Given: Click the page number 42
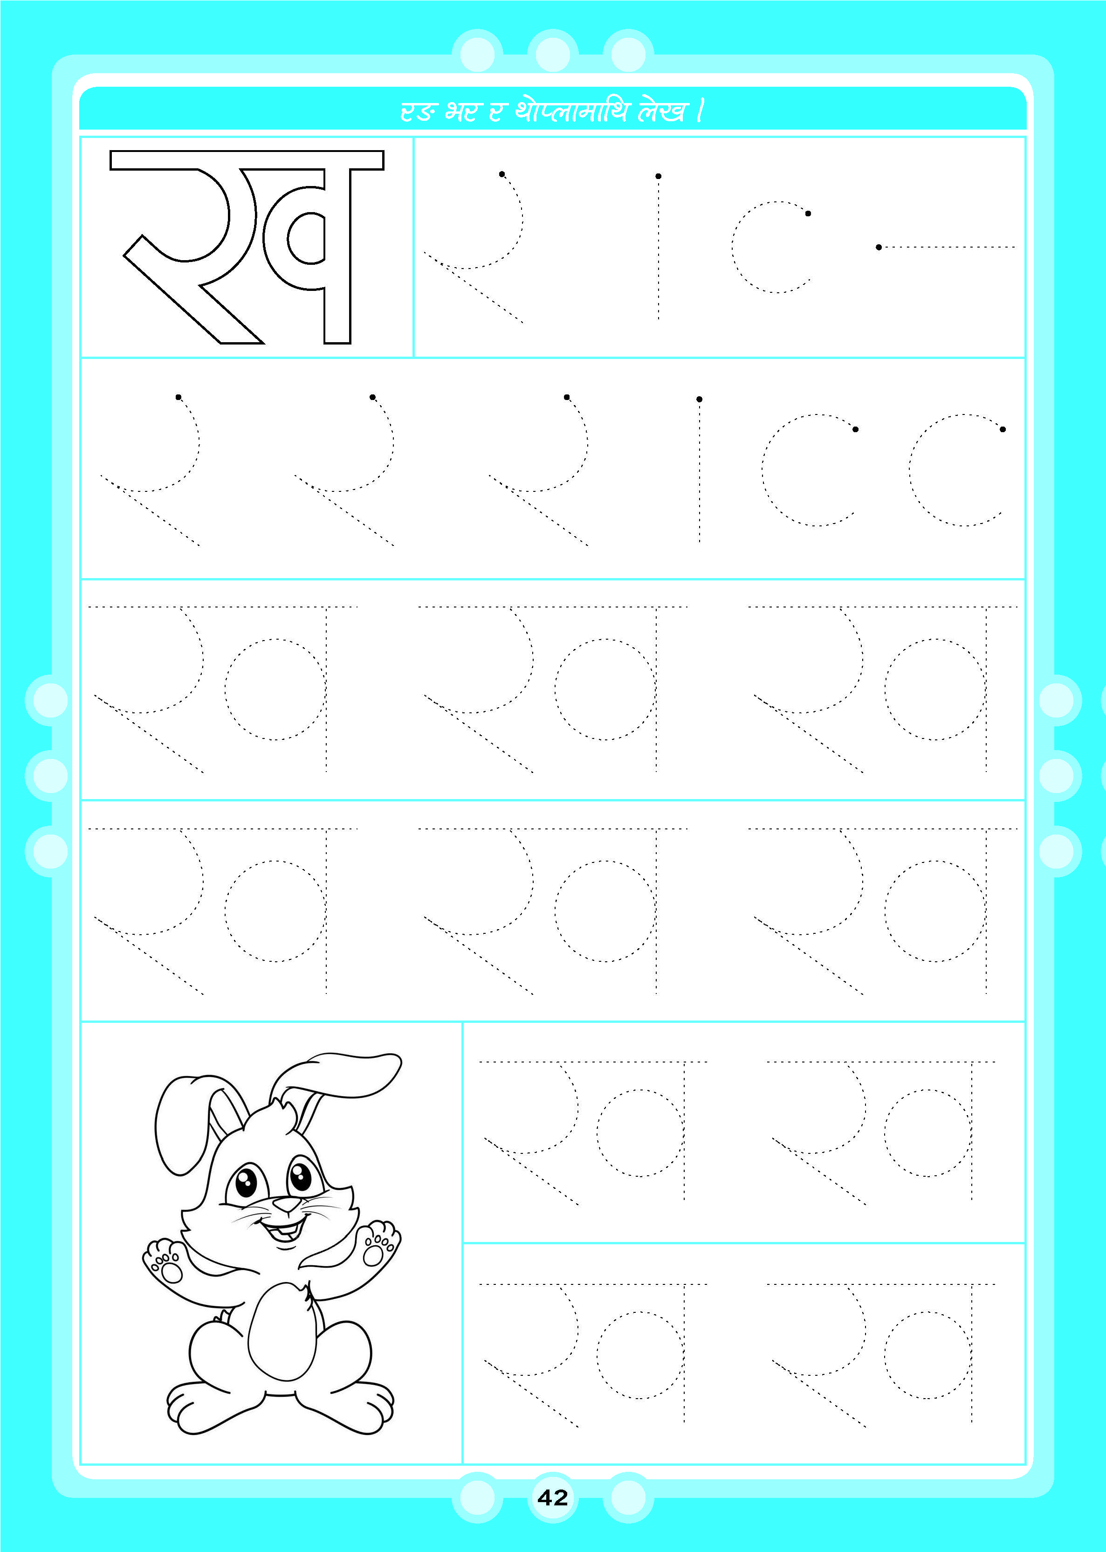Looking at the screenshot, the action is [552, 1497].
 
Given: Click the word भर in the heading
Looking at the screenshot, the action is [463, 110].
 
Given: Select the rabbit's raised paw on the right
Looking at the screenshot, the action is [378, 1244].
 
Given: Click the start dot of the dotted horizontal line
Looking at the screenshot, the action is [879, 247].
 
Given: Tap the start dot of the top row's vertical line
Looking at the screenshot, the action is [659, 176].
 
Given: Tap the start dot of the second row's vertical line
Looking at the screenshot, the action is [700, 399].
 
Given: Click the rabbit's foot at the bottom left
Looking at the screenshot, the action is [204, 1409].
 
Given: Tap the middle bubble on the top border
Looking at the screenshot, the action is [552, 53].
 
